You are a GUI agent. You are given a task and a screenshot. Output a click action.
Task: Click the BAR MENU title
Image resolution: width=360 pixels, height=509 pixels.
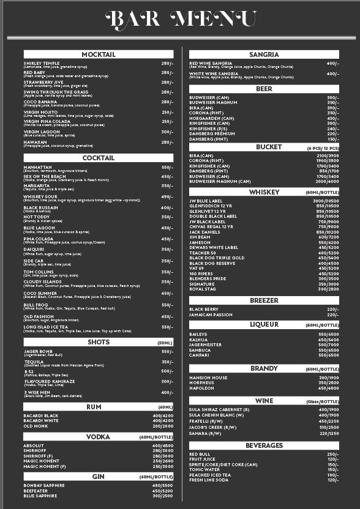(x=180, y=20)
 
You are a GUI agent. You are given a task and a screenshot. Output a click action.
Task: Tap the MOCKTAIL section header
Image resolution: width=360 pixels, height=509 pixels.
(x=98, y=55)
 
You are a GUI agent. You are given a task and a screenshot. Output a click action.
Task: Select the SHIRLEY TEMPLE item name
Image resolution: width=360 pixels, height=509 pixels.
(x=42, y=63)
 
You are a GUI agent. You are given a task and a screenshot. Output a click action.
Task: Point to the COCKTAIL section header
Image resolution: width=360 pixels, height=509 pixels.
(x=98, y=158)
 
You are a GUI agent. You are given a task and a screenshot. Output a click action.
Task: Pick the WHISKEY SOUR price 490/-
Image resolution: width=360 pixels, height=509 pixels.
(x=167, y=197)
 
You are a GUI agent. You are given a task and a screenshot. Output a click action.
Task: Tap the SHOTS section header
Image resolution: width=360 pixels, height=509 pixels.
(x=98, y=343)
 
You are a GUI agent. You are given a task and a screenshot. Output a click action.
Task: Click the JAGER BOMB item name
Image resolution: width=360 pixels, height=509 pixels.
(x=39, y=351)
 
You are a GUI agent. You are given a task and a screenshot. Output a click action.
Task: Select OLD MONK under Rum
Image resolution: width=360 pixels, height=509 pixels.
(x=35, y=426)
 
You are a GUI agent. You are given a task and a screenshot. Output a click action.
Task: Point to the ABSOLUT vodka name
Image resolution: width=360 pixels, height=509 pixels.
(x=34, y=445)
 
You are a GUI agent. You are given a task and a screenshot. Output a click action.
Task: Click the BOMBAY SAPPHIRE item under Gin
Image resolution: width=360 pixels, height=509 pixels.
(x=44, y=485)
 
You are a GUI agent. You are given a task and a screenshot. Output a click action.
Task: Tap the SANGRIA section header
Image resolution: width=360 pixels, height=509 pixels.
(x=264, y=55)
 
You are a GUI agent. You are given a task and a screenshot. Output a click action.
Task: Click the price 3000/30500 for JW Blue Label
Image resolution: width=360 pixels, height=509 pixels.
(x=326, y=201)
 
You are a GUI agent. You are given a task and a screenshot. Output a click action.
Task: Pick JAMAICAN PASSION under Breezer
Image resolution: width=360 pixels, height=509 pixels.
(x=211, y=314)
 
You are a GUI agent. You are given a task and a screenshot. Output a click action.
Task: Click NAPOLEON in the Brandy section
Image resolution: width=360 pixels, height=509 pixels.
(x=202, y=388)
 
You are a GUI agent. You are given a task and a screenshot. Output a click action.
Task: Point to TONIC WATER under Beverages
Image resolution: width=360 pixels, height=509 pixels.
(x=205, y=470)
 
